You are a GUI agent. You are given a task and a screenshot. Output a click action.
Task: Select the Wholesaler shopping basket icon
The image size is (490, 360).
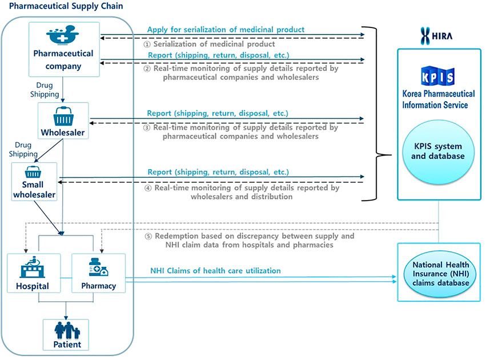click(63, 118)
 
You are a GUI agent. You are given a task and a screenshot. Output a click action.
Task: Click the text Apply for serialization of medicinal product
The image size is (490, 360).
click(226, 29)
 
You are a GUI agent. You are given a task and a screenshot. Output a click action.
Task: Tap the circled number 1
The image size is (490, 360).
click(147, 44)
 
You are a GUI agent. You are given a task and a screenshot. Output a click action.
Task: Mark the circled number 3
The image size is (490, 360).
click(147, 128)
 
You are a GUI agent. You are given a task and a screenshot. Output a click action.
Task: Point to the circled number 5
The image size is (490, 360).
click(147, 236)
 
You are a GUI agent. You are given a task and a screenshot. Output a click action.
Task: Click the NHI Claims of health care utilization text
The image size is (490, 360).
click(215, 270)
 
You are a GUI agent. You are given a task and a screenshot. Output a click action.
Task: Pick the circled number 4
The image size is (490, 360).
click(147, 188)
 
